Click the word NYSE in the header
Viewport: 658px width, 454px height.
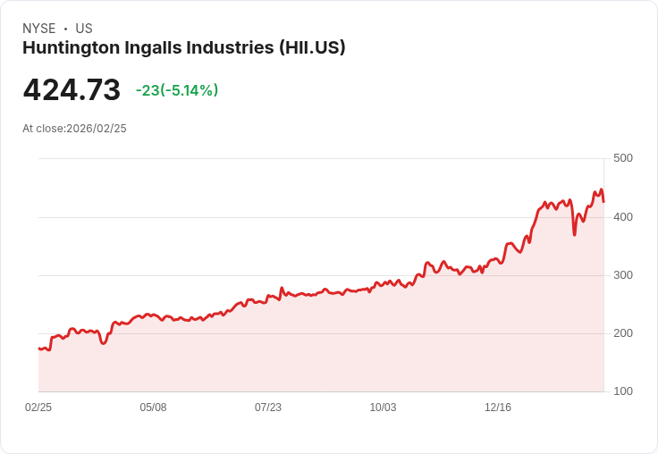coord(38,29)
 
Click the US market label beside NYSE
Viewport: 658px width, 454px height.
coord(84,29)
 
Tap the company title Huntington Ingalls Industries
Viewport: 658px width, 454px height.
coord(148,48)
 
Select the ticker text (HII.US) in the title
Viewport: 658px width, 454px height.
coord(312,48)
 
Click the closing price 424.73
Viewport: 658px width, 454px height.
coord(72,90)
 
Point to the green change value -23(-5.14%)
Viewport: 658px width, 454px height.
coord(177,90)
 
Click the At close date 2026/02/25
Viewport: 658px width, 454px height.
coord(97,129)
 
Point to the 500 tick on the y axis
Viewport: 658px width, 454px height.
coord(622,158)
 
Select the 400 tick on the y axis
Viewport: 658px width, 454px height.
coord(622,217)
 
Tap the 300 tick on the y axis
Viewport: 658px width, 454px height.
coord(622,275)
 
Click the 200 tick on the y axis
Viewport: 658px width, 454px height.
coord(622,333)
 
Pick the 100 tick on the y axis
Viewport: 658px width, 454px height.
coord(622,391)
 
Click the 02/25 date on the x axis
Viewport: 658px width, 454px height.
coord(38,408)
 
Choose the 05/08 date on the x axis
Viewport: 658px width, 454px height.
coord(153,408)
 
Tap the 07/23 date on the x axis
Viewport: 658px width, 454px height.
coord(268,408)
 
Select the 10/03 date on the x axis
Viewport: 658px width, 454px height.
coord(383,408)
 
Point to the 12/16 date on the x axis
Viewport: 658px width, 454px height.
coord(498,408)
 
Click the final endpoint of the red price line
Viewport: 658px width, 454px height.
coord(603,202)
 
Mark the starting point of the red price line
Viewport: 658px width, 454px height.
coord(38,349)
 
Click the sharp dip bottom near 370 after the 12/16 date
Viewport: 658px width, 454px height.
coord(574,234)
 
